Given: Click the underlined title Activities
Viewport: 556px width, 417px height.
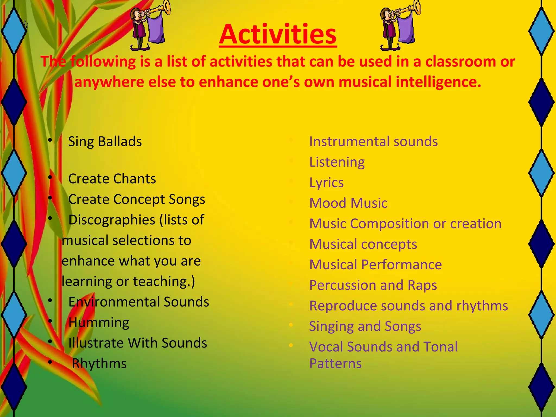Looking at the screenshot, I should tap(278, 35).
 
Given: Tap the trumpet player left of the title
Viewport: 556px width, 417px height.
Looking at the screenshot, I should tap(148, 26).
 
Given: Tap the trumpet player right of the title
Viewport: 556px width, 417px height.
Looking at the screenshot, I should tap(398, 26).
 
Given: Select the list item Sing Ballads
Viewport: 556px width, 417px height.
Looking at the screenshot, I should tap(105, 142).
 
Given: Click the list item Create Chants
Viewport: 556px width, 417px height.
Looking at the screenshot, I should tap(112, 179).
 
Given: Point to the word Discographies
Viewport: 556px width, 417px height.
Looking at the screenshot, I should tap(111, 220).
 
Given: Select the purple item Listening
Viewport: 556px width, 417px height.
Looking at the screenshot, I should tap(337, 162).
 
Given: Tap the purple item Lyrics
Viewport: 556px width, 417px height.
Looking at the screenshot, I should tap(326, 183).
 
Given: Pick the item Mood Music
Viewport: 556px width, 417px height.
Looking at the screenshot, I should tap(348, 203).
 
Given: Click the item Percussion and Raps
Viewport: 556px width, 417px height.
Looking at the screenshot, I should tap(373, 285).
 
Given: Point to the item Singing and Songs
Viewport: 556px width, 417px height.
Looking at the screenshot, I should tap(365, 326).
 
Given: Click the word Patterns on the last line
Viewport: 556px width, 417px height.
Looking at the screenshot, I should tap(336, 364).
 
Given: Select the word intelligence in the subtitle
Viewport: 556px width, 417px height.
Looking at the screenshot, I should tap(438, 82).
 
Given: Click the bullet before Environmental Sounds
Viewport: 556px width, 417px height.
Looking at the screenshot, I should tap(50, 301).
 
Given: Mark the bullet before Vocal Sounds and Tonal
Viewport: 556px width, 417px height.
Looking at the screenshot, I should tap(291, 345).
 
